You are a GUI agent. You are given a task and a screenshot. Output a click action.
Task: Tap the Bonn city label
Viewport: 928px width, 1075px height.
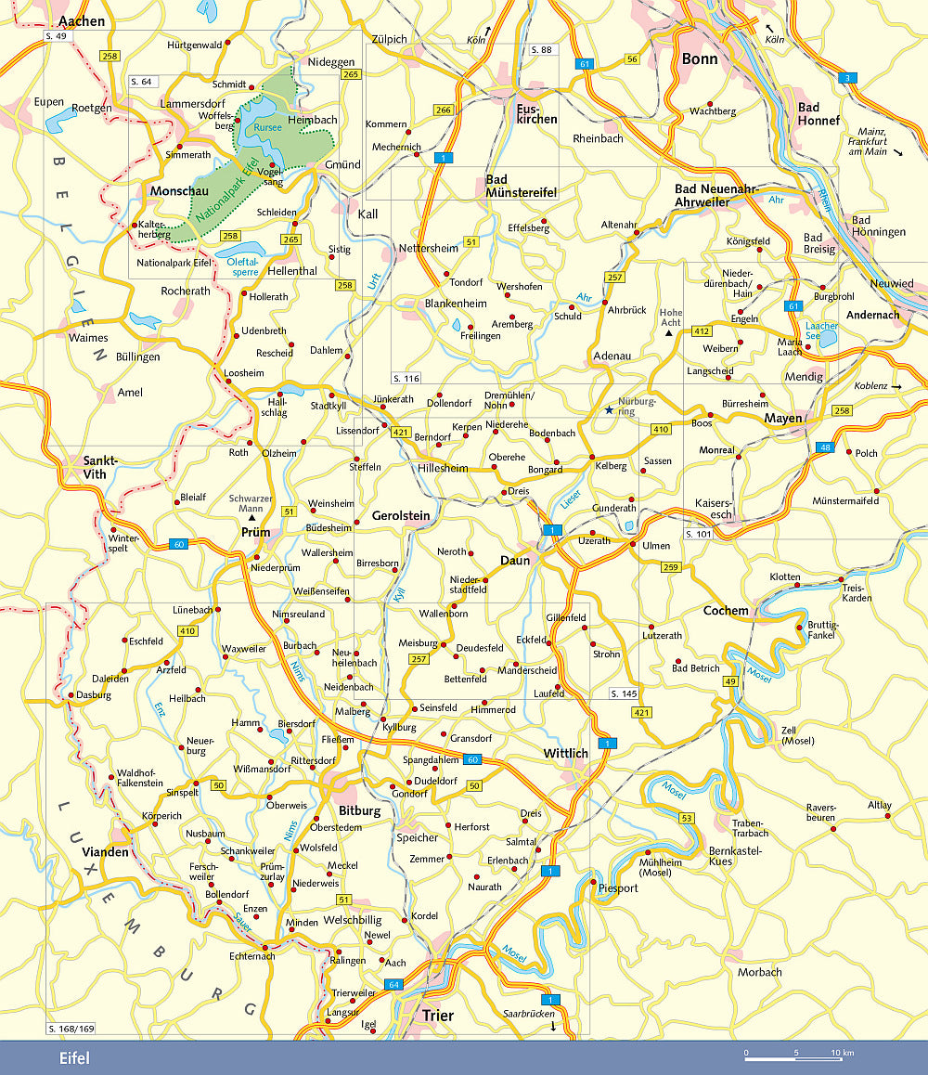700,58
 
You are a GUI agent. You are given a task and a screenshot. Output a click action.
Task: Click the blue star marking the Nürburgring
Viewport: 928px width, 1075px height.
609,409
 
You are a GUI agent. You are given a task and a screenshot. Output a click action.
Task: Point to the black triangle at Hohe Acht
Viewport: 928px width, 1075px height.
668,331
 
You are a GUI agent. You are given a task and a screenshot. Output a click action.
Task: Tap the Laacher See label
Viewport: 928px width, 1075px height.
821,331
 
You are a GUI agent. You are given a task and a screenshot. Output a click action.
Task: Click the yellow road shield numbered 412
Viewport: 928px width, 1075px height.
701,331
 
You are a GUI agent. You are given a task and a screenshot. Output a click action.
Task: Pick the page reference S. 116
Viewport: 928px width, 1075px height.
406,379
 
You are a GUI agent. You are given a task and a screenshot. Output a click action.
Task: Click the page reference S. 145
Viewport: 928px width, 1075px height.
624,693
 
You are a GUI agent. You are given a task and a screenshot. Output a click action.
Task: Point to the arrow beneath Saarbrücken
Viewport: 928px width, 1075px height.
553,1026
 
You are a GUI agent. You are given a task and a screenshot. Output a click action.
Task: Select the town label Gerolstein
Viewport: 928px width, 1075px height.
401,515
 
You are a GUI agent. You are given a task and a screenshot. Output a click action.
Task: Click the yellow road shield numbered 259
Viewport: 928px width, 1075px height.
671,566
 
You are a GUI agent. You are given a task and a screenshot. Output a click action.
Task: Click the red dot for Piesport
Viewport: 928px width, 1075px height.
594,880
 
